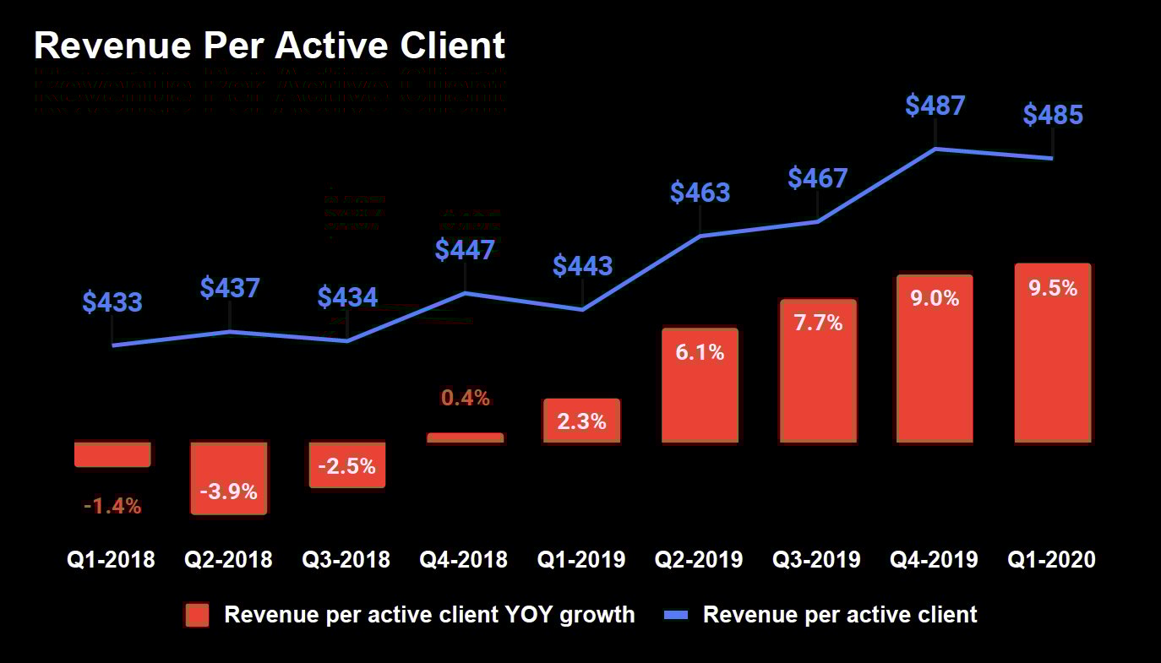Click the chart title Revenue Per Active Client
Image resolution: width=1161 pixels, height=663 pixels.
point(270,45)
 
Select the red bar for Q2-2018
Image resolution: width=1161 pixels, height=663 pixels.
point(229,477)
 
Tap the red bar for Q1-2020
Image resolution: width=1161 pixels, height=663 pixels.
point(1053,355)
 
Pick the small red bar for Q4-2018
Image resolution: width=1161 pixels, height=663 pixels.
point(465,437)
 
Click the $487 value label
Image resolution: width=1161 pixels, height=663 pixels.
point(935,106)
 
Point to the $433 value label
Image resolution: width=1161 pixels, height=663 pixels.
point(112,302)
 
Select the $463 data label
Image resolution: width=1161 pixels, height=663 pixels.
point(700,193)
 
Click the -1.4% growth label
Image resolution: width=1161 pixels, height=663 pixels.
point(112,507)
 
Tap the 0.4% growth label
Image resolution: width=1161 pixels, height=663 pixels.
point(466,398)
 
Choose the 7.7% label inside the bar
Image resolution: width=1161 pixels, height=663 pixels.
point(818,323)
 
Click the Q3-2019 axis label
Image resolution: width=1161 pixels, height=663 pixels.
point(817,559)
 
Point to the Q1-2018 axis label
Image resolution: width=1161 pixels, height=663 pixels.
point(112,559)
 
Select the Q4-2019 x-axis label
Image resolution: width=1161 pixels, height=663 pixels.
point(935,559)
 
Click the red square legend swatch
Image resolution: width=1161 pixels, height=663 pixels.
point(197,615)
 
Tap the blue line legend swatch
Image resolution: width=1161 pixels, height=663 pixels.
point(676,615)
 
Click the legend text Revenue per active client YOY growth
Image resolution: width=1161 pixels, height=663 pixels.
point(429,615)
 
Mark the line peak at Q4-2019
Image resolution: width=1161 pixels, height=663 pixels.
point(935,149)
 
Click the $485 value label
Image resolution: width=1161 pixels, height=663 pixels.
point(1053,115)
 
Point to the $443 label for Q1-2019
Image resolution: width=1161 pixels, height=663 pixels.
point(582,266)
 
